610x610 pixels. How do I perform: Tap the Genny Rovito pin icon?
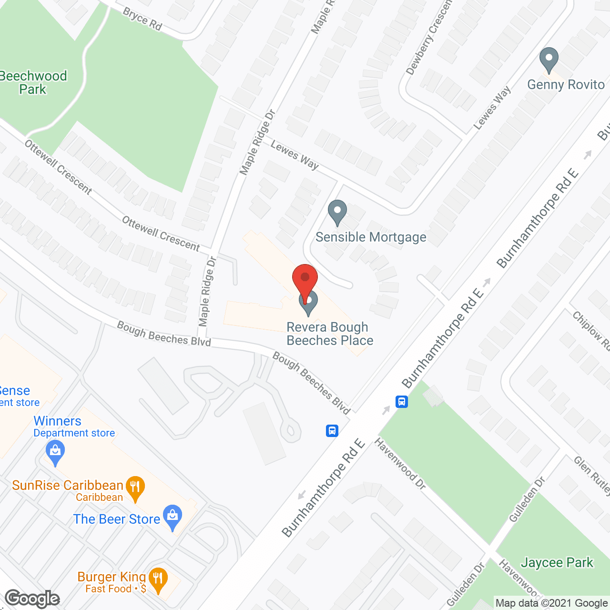coord(549,60)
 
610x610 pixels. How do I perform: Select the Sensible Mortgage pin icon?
coord(337,213)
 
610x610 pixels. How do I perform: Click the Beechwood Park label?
coord(33,82)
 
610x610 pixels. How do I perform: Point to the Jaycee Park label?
coord(557,563)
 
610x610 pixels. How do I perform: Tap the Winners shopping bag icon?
coord(55,453)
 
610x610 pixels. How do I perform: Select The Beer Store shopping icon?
coord(173,517)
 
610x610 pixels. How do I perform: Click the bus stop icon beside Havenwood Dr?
coord(402,402)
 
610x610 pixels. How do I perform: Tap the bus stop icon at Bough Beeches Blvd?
coord(332,431)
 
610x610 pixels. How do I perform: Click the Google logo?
coord(32,599)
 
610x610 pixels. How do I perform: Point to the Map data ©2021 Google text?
coord(551,603)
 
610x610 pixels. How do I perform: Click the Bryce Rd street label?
coord(142,19)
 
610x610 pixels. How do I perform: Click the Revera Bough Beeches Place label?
coord(329,334)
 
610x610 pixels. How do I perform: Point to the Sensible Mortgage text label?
coord(371,237)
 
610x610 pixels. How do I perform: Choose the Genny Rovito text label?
coord(566,85)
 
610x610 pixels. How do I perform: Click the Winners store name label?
coord(57,421)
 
